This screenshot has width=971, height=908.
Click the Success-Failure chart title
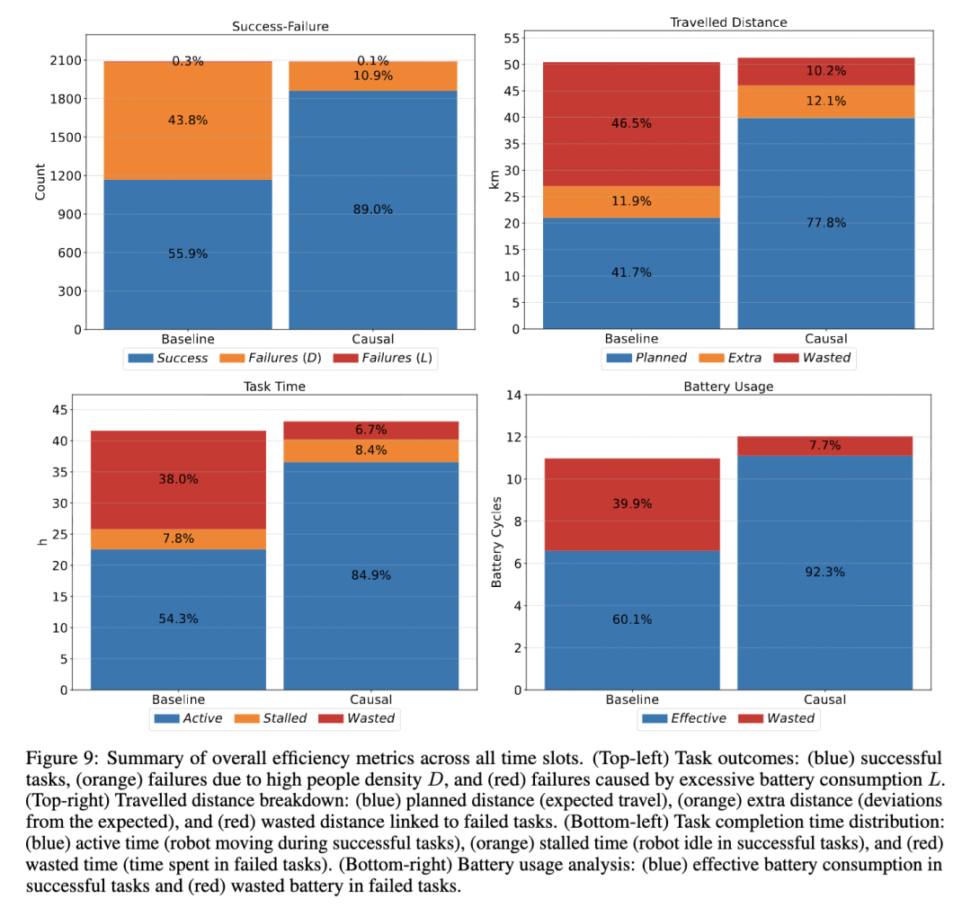[x=281, y=26]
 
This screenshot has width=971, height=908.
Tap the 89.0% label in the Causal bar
[x=372, y=209]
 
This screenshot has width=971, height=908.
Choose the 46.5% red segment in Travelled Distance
[x=631, y=124]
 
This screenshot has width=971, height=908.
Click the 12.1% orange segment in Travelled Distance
[x=825, y=101]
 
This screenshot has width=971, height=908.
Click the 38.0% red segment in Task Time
[x=178, y=480]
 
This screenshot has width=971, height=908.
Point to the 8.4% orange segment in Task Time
[x=371, y=450]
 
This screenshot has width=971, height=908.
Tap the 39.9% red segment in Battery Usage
[x=631, y=504]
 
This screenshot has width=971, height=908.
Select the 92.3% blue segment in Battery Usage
[x=825, y=569]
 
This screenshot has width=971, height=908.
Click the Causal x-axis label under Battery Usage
[x=825, y=699]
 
